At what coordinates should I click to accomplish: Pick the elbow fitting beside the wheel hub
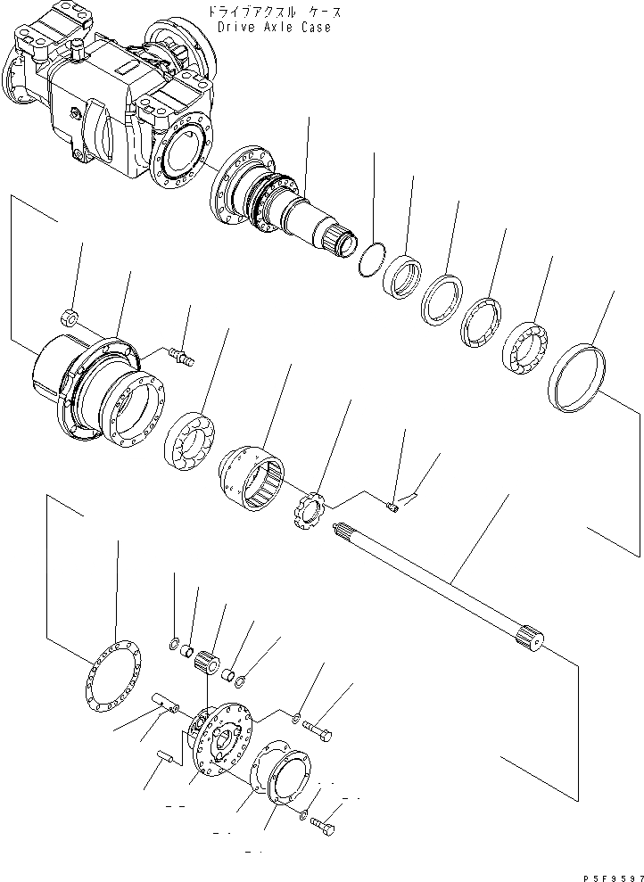click(x=182, y=356)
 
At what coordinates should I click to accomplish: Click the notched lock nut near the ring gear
click(x=309, y=511)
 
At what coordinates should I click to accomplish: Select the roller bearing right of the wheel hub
click(x=189, y=437)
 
